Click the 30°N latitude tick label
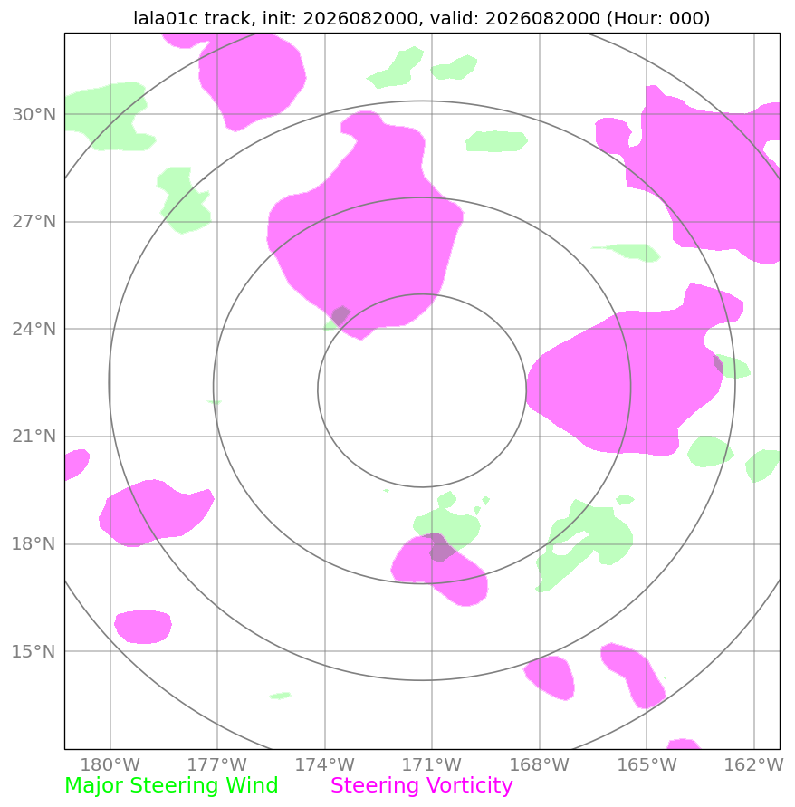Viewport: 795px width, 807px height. pos(34,114)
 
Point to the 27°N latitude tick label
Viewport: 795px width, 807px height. pos(34,222)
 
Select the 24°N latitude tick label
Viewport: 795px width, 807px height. pos(34,329)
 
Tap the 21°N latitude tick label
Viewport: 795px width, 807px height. pos(34,437)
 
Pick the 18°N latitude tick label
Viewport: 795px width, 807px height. pos(34,544)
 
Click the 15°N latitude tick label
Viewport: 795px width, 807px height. pos(34,651)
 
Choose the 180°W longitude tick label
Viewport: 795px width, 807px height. pos(110,764)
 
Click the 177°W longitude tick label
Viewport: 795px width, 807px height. pos(217,764)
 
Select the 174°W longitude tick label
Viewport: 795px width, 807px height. pos(325,764)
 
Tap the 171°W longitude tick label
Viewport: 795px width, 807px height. pos(432,764)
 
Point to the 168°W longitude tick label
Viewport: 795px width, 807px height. pos(540,764)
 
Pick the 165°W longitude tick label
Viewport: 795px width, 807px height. pos(647,764)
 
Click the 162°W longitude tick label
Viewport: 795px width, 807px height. pos(754,764)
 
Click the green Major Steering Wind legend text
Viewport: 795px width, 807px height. pos(171,786)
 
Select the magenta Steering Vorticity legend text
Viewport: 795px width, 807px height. pos(422,786)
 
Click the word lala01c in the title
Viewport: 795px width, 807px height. pos(166,18)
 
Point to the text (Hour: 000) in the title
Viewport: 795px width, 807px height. pos(658,18)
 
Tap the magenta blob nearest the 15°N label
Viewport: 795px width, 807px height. pos(143,627)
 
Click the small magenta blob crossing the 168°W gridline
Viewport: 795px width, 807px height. pos(550,677)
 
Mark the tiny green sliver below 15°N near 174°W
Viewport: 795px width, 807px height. pos(281,696)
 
